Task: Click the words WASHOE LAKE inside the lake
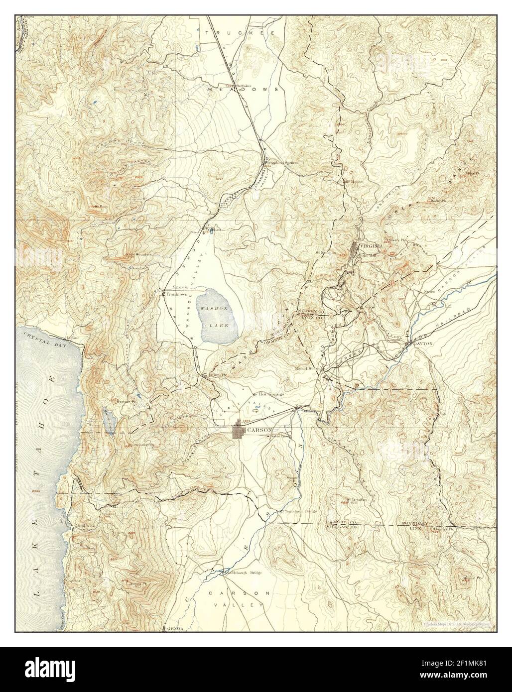[217, 317]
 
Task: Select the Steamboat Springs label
[282, 163]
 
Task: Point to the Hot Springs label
[271, 394]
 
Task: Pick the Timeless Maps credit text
[457, 624]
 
